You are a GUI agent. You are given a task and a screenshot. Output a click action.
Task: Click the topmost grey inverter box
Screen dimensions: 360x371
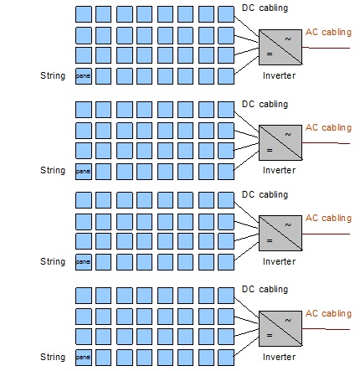click(280, 47)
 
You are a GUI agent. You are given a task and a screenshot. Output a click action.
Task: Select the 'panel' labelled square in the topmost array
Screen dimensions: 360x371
click(84, 76)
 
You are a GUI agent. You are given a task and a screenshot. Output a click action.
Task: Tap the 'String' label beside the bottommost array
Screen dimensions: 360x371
click(53, 357)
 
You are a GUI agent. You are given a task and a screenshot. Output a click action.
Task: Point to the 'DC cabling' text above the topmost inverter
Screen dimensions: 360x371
click(265, 8)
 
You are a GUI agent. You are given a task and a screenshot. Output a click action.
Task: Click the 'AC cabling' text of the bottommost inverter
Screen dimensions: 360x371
click(328, 313)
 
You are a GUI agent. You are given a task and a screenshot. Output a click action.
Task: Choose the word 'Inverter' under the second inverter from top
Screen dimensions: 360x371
click(279, 170)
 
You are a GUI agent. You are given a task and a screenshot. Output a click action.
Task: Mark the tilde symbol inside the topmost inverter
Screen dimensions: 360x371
click(288, 39)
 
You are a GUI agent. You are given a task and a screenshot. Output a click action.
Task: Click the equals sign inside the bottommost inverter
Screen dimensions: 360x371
click(270, 335)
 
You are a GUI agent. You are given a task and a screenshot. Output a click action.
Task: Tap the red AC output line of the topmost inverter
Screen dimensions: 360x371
click(326, 48)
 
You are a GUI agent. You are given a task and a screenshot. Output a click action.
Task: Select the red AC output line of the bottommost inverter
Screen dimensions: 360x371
click(326, 329)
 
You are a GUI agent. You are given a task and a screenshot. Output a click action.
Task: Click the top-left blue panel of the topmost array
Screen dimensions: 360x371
click(84, 14)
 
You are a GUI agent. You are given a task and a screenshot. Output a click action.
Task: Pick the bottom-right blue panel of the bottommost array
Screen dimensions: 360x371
click(226, 358)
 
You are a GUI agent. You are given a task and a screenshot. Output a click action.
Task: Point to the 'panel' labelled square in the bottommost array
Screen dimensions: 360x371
click(84, 358)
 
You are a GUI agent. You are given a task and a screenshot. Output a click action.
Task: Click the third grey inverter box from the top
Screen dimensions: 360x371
click(280, 233)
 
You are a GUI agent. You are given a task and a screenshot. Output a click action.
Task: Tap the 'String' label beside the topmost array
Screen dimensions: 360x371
click(53, 75)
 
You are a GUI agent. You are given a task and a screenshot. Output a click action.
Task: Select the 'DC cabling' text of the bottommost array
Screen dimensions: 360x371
click(265, 289)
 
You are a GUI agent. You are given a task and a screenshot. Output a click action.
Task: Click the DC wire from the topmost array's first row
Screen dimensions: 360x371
click(246, 26)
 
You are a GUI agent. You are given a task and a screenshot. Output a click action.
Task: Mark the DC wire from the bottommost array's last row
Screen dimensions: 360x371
click(246, 347)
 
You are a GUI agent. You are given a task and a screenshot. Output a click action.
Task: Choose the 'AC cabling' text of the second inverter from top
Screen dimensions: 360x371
click(328, 127)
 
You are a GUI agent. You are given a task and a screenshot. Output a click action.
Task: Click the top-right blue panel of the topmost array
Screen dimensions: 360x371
click(226, 14)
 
